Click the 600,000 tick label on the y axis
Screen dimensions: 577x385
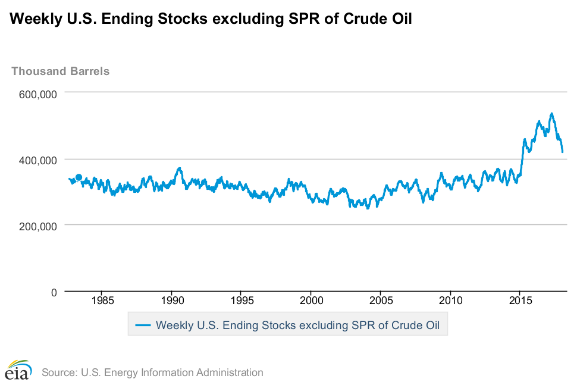click(x=38, y=94)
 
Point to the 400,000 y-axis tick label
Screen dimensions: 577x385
click(x=38, y=160)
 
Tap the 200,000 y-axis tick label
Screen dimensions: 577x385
click(x=38, y=226)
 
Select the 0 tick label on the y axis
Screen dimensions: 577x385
click(x=54, y=293)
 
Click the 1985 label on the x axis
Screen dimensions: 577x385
click(x=103, y=301)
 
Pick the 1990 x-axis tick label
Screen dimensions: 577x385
click(x=173, y=301)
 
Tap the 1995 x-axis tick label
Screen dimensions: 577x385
click(x=242, y=301)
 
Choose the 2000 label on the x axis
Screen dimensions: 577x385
click(x=311, y=301)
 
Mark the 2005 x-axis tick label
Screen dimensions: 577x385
click(x=381, y=301)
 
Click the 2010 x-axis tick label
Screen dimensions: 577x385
click(x=450, y=301)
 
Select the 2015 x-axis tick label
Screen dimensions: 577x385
click(x=520, y=301)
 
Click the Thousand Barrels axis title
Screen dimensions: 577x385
click(x=60, y=71)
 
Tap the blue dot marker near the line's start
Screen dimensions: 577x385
click(x=79, y=177)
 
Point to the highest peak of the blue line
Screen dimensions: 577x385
click(x=551, y=114)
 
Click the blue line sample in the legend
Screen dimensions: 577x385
click(x=143, y=325)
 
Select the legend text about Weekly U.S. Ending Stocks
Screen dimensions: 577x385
click(x=297, y=325)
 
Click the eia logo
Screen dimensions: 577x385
click(x=18, y=370)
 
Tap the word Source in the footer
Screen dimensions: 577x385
click(x=59, y=373)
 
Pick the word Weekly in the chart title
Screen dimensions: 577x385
click(x=36, y=19)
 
